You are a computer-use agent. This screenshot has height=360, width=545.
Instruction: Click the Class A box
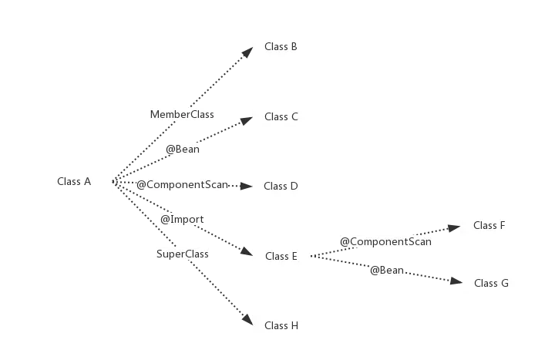point(74,182)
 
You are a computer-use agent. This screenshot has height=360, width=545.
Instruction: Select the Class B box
point(281,47)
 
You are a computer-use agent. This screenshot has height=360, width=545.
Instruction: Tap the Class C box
point(281,117)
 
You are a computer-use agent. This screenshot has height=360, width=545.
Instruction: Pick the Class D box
point(281,186)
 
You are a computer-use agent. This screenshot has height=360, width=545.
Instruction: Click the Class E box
point(281,256)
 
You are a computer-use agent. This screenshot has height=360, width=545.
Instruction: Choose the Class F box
point(489,225)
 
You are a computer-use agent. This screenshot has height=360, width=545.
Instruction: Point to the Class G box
point(491,283)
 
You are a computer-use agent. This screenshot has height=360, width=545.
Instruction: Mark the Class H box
point(281,325)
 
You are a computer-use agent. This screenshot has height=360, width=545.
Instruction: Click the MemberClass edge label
point(182,114)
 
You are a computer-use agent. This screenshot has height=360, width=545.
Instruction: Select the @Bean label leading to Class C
point(183,150)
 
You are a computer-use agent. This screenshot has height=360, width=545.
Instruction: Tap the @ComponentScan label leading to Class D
point(182,185)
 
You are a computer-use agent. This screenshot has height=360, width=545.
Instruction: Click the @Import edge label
point(182,220)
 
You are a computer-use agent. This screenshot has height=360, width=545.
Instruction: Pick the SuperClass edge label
point(182,254)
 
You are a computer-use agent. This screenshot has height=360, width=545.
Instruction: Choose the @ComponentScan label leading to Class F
point(385,242)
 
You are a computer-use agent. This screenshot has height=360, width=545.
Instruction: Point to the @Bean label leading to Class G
point(388,270)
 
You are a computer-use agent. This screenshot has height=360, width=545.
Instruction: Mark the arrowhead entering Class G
point(454,283)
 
